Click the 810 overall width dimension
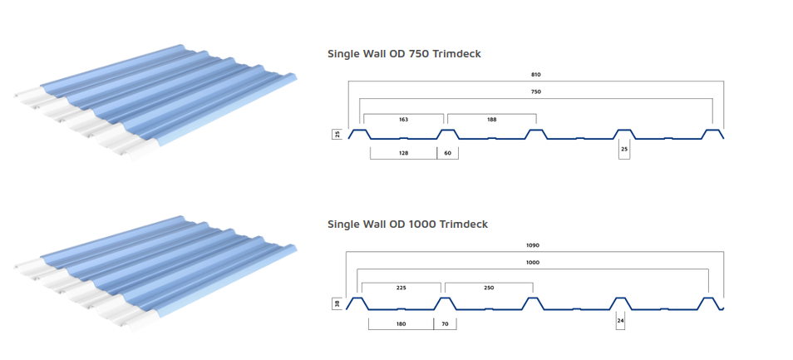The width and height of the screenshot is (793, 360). (536, 74)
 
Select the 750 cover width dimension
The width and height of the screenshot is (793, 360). (536, 91)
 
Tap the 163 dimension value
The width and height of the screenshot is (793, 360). (403, 120)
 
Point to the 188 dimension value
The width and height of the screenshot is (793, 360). (491, 120)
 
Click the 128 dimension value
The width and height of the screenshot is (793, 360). (403, 152)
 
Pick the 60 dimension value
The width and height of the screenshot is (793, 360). (447, 152)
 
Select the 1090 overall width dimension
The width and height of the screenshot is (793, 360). (533, 245)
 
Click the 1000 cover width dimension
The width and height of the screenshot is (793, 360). (533, 263)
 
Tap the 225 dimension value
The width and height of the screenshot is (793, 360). (401, 288)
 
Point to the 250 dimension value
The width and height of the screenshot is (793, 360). (489, 288)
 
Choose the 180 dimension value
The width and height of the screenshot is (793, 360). (401, 323)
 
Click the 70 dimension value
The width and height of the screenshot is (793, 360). (445, 323)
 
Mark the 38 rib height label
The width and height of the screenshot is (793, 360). (337, 303)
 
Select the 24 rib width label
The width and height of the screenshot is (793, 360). (621, 321)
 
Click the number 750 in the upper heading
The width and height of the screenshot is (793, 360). (414, 53)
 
